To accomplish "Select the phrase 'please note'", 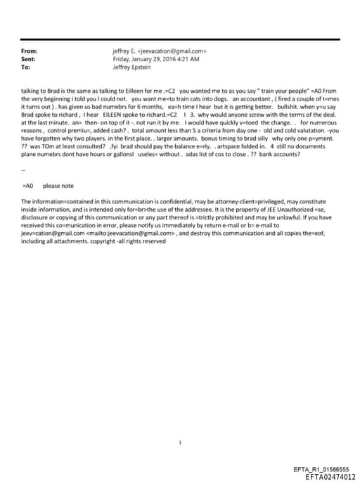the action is [58, 186].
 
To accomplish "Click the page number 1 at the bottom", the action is [181, 443].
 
